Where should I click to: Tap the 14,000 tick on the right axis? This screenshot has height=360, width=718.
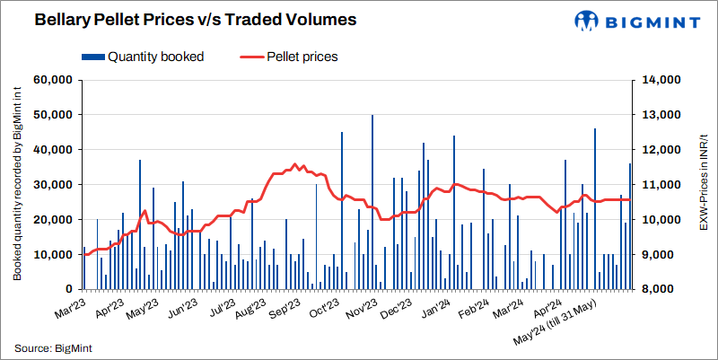tap(663, 80)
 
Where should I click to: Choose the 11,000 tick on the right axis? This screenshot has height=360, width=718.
tap(663, 185)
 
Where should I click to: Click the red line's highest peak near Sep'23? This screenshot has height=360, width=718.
tap(295, 164)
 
